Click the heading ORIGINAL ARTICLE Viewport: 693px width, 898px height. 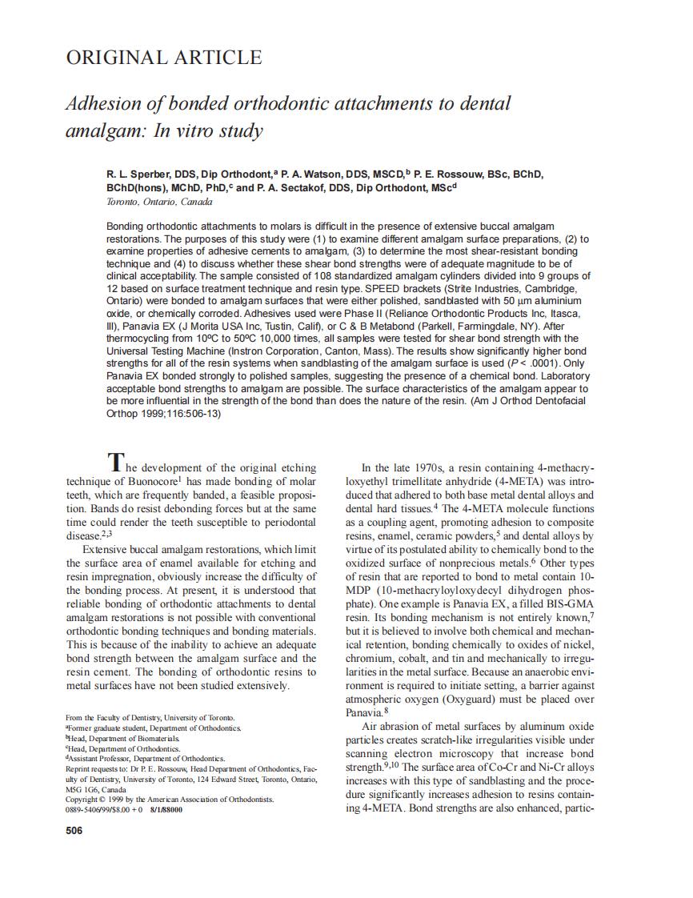pos(163,58)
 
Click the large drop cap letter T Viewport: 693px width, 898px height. pos(116,463)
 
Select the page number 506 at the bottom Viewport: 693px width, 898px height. pos(74,831)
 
